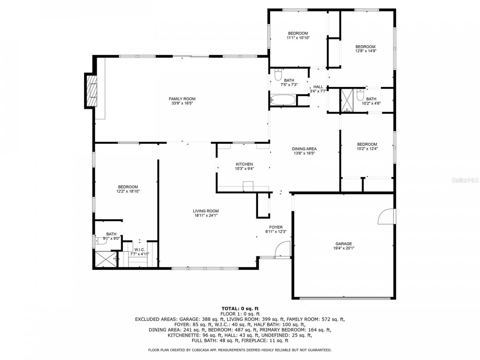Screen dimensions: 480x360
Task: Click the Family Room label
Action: pos(182,99)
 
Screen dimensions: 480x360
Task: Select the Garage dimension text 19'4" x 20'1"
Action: pos(344,248)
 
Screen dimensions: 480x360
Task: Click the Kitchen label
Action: pos(244,164)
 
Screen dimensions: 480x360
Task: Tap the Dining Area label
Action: pos(304,149)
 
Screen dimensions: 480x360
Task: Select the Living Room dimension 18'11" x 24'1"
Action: pos(206,215)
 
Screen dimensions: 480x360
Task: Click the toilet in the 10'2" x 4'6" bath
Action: pos(360,94)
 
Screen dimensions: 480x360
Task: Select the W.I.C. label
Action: pos(139,250)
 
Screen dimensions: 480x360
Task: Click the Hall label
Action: pos(318,87)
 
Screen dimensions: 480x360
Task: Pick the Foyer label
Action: pos(276,227)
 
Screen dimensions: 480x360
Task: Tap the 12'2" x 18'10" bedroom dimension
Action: pos(128,191)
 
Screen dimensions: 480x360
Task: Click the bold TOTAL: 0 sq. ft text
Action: pos(240,309)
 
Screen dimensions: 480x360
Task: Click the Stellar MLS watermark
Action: pos(464,180)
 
